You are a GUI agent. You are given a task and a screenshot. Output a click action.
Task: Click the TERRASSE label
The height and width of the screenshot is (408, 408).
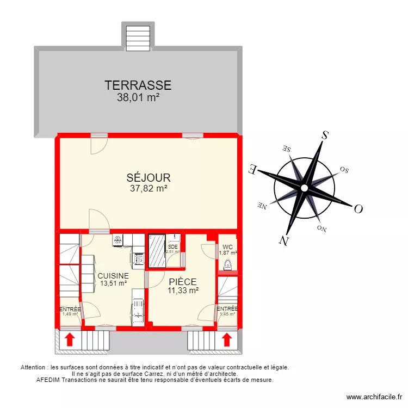pyautogui.click(x=138, y=85)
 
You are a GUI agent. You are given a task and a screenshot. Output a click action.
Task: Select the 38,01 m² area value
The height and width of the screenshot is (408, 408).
pyautogui.click(x=138, y=98)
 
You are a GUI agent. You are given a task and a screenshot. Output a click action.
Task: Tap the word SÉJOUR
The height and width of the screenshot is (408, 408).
pyautogui.click(x=149, y=178)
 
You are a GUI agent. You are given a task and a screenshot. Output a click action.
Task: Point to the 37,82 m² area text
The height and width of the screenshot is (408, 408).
pyautogui.click(x=149, y=189)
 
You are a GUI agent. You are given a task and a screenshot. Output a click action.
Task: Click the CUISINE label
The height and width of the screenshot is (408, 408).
pyautogui.click(x=113, y=276)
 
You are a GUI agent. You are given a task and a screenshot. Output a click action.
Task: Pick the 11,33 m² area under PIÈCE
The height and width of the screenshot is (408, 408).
pyautogui.click(x=182, y=290)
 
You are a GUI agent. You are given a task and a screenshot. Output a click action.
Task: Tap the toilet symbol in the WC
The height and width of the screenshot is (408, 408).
pyautogui.click(x=227, y=265)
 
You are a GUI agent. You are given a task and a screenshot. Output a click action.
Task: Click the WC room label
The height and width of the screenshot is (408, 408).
pyautogui.click(x=227, y=246)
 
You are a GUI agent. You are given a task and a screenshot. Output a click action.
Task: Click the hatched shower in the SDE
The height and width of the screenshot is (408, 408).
pyautogui.click(x=157, y=250)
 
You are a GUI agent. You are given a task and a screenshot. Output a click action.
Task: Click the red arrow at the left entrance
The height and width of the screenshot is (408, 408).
pyautogui.click(x=70, y=340)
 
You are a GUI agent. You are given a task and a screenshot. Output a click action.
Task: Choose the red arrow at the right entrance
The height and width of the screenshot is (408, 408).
pyautogui.click(x=227, y=340)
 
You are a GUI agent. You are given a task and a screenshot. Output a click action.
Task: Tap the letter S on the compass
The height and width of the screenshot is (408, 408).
pyautogui.click(x=325, y=135)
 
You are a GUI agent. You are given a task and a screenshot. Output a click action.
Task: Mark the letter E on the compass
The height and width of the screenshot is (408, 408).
pyautogui.click(x=252, y=169)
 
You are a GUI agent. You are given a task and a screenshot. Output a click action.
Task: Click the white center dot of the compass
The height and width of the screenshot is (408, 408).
pyautogui.click(x=305, y=188)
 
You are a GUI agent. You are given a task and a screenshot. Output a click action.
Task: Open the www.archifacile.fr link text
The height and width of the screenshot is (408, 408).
pyautogui.click(x=374, y=398)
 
